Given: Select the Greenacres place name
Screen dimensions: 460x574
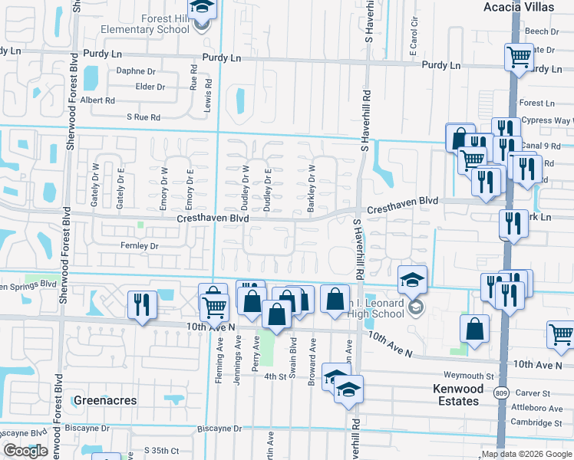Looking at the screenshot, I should coord(105,400).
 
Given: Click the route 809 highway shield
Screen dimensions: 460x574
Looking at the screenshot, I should coord(502,393).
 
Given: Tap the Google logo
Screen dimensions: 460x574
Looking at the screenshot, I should coord(25,452).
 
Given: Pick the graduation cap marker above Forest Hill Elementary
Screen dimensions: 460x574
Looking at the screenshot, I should coord(203,8).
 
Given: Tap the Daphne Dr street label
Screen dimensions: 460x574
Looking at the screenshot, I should coord(136,71).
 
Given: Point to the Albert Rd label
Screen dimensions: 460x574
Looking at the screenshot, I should coord(97,100).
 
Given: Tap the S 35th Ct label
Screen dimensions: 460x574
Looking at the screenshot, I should coord(161,450).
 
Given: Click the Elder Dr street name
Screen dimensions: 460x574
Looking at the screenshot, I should coord(150,87).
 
